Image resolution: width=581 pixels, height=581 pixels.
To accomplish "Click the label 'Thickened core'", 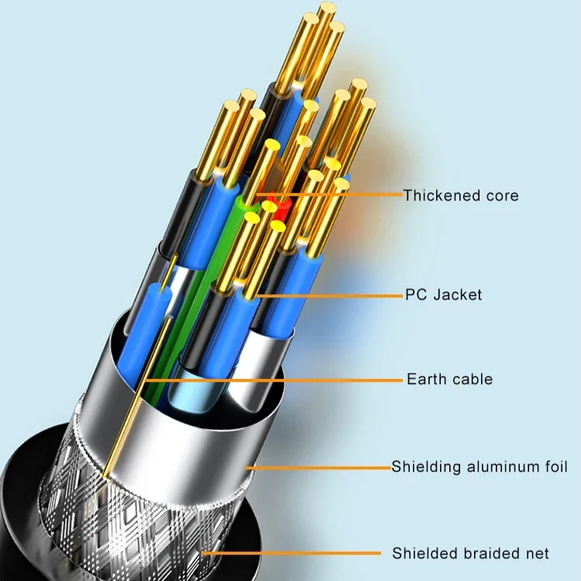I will [x=461, y=195].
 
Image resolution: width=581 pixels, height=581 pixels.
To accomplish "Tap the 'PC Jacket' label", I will [x=443, y=294].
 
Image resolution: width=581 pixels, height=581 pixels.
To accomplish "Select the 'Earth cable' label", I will [x=449, y=380].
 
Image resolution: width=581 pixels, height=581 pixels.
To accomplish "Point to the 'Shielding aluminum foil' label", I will [x=480, y=467].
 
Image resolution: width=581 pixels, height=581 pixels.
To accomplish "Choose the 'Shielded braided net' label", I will [x=470, y=553].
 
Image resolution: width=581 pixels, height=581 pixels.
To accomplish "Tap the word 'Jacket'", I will [x=457, y=294].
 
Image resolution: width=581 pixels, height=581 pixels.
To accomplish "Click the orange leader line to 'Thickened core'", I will [x=333, y=195].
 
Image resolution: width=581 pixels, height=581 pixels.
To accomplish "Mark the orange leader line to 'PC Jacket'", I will [x=333, y=295].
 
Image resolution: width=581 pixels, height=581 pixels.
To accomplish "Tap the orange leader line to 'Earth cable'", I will [x=271, y=380].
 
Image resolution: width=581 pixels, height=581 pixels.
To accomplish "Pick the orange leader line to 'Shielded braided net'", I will [x=294, y=553].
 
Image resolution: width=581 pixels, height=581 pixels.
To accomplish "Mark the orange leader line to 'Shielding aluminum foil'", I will [x=318, y=467].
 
